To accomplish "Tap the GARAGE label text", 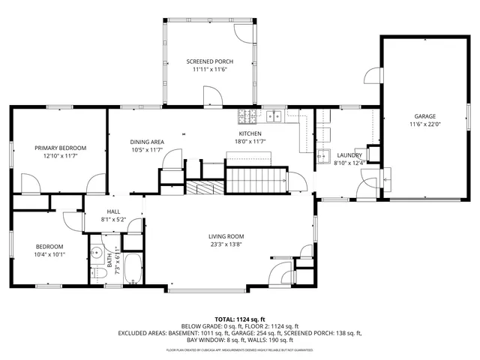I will tap(425, 116).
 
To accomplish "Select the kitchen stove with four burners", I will tap(247, 115).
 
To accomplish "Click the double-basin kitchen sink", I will tap(274, 115).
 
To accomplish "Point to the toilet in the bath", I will tap(97, 275).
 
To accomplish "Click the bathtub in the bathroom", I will tap(132, 271).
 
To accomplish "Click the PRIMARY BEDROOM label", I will tap(61, 148).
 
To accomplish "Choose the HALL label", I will tap(113, 212).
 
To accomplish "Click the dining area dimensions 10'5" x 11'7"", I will tap(146, 150).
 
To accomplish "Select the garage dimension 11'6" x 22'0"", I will tap(425, 124).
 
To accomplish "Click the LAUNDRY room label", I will tap(349, 155).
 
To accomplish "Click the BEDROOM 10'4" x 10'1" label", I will tap(50, 250).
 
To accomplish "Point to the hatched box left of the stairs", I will tap(205, 187).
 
